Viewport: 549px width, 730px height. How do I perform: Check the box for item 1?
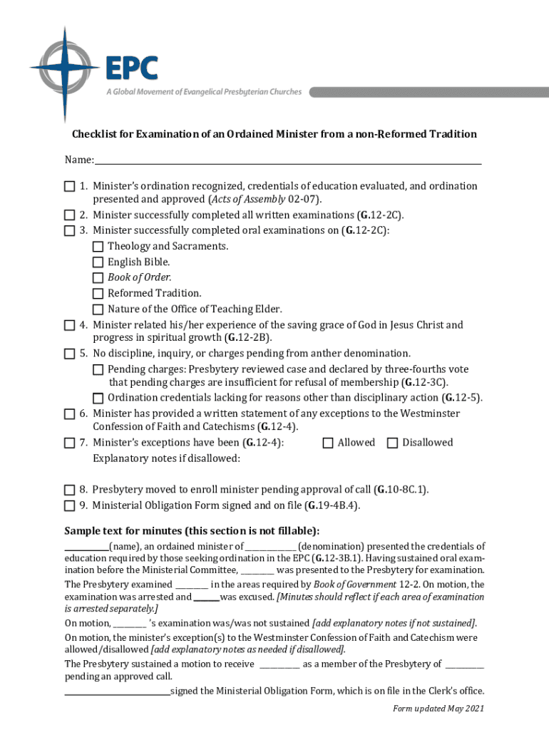point(69,187)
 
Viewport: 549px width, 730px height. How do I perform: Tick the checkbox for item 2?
point(69,215)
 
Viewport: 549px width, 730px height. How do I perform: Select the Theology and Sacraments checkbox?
point(98,247)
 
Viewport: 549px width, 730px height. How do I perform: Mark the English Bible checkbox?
point(98,262)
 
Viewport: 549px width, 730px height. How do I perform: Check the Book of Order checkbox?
point(98,278)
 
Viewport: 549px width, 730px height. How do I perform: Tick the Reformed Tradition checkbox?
point(98,294)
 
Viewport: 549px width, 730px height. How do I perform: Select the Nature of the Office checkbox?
point(98,309)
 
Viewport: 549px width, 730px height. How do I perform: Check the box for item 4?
point(69,326)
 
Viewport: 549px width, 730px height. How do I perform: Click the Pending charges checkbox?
point(98,370)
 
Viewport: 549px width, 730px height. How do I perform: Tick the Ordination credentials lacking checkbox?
point(98,399)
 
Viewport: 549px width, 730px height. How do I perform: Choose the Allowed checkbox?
point(328,443)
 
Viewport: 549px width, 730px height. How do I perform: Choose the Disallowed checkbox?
point(392,443)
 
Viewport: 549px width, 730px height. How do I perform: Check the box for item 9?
point(69,506)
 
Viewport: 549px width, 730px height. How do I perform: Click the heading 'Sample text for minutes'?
point(192,531)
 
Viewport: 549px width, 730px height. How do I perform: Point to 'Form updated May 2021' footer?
point(438,709)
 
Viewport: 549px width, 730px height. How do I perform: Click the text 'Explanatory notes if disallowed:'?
point(166,459)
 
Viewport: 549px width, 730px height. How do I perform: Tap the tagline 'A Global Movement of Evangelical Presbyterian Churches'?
point(204,92)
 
